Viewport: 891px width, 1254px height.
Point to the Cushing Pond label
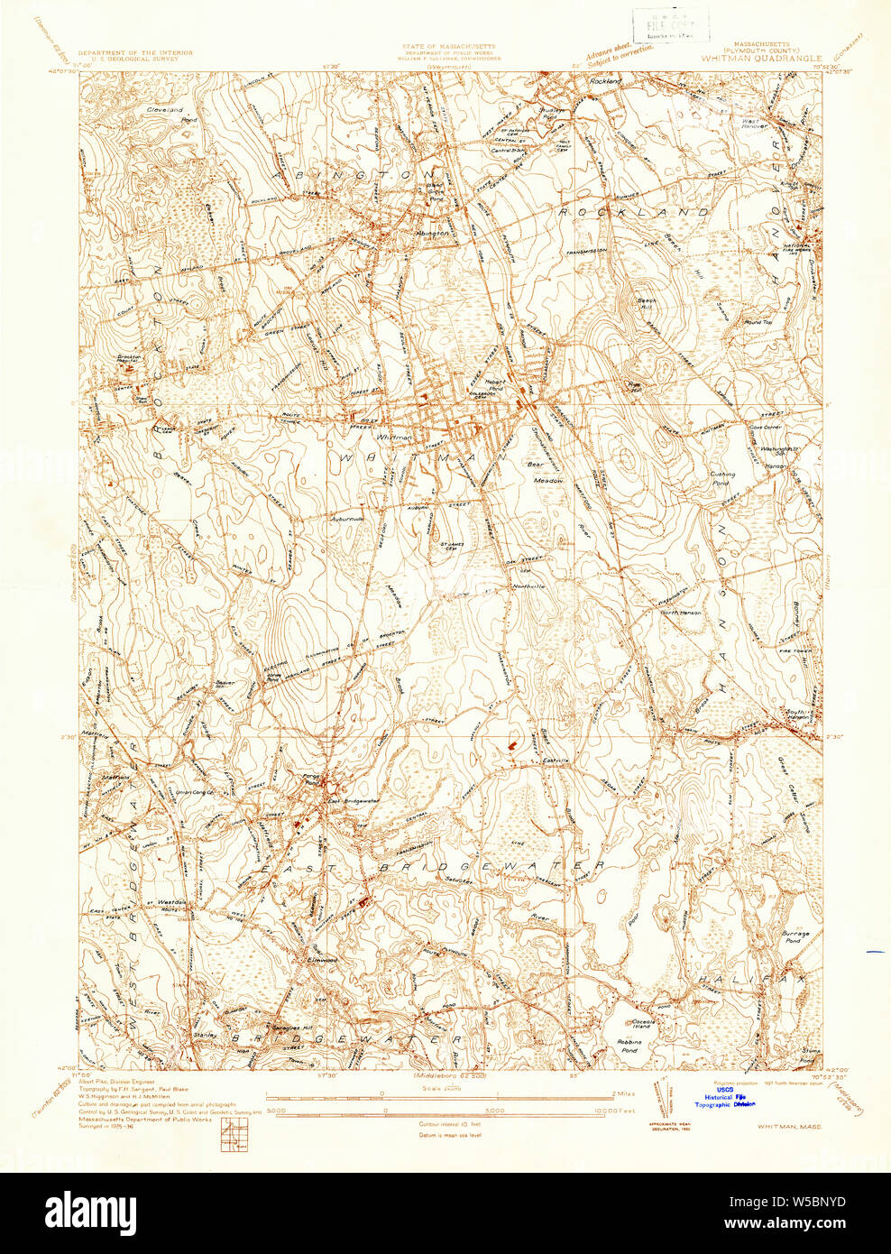(722, 478)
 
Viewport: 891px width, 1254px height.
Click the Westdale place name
(172, 901)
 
